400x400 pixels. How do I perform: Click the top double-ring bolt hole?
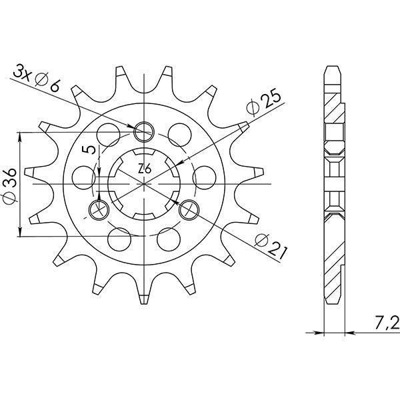(x=144, y=131)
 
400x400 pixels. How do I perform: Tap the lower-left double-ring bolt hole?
(x=98, y=209)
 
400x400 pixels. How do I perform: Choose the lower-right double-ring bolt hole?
(x=189, y=209)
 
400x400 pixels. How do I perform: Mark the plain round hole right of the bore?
(x=203, y=175)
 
